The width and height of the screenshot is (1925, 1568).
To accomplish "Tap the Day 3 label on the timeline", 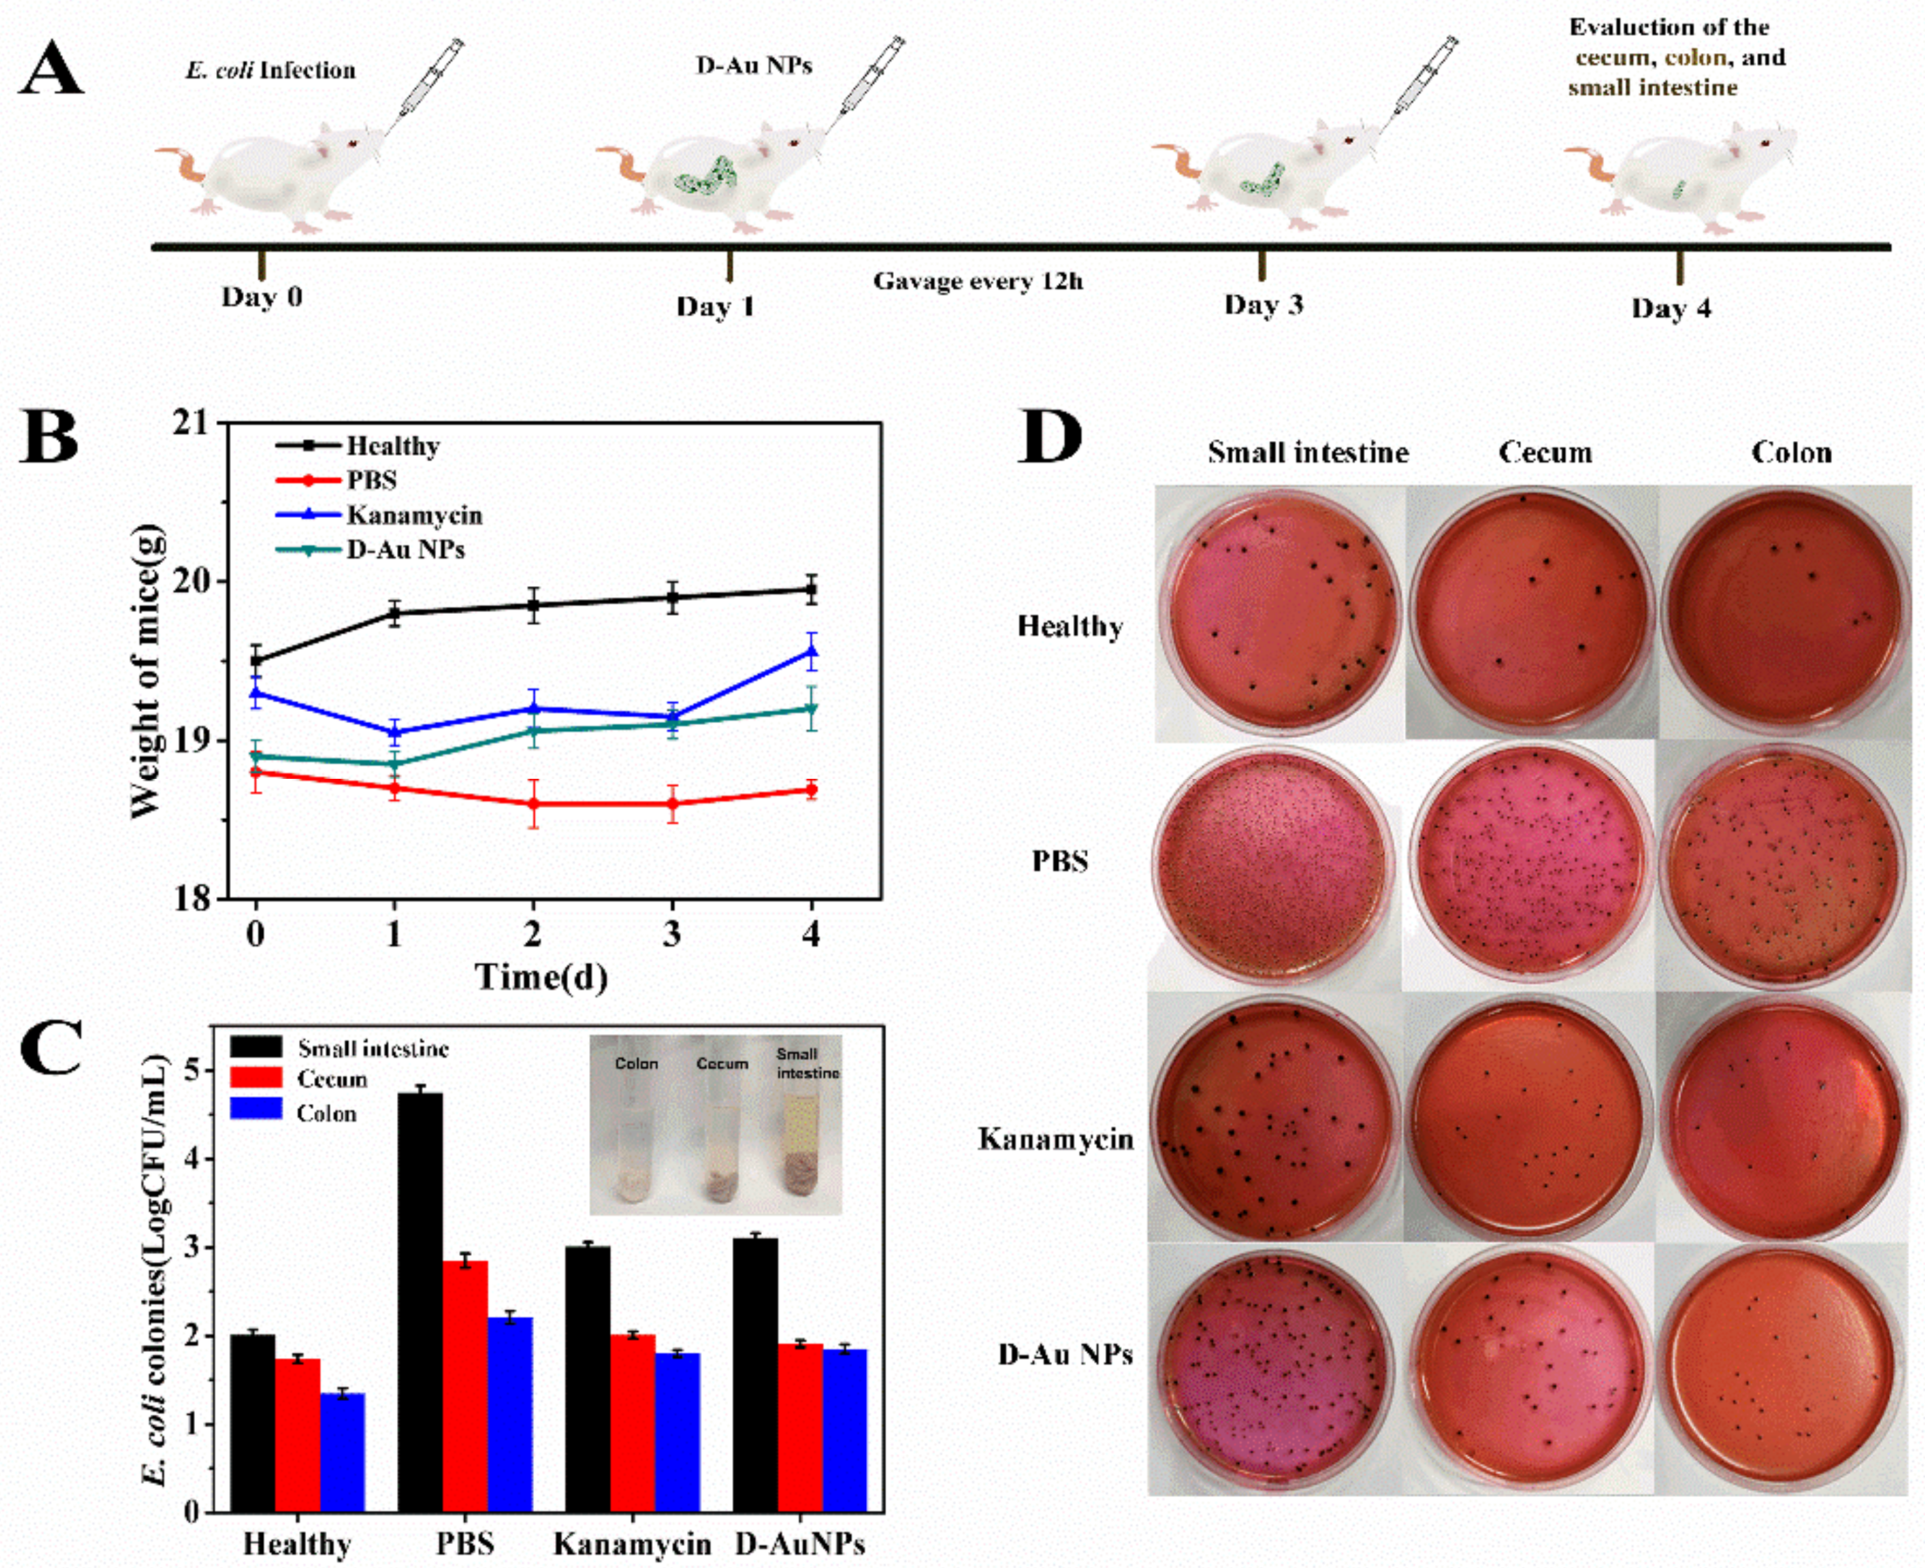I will [x=1263, y=304].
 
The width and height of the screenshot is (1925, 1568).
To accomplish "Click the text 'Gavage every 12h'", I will [x=977, y=281].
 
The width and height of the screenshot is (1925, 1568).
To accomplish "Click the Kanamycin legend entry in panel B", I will [x=413, y=515].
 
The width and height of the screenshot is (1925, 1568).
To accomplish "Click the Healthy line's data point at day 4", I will [x=811, y=591].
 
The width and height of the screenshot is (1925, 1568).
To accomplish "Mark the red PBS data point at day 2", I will [x=533, y=803].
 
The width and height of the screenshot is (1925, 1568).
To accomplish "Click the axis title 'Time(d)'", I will [x=540, y=976].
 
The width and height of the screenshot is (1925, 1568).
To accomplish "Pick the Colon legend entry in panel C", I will [x=326, y=1113].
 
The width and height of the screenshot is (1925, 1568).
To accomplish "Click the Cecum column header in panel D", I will [x=1544, y=452].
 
